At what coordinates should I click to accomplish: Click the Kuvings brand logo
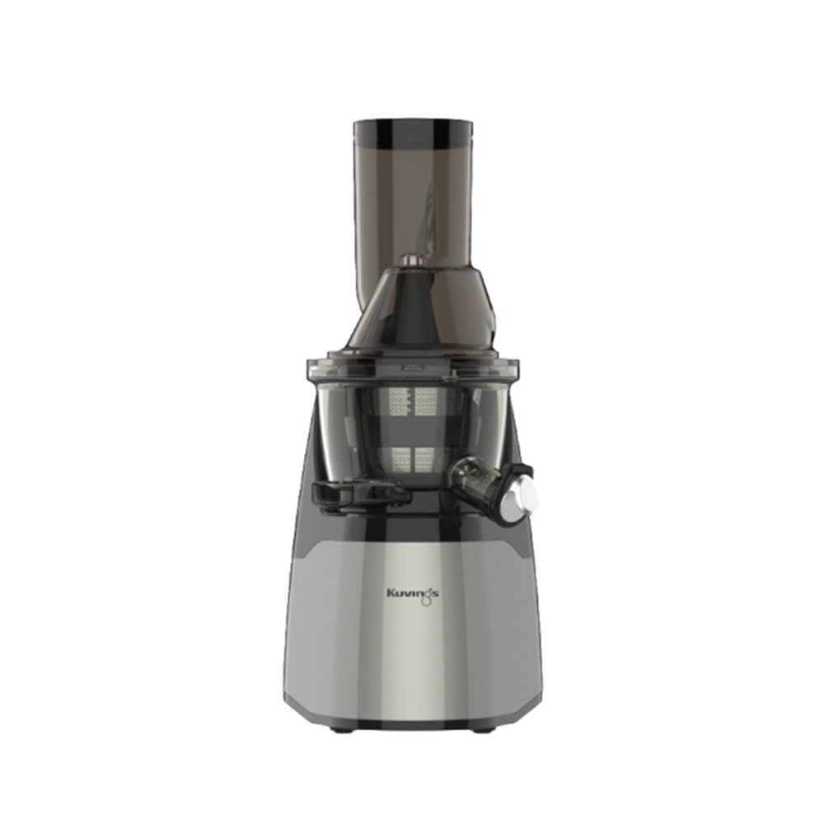coord(413,595)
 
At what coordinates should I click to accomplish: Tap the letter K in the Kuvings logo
coord(391,593)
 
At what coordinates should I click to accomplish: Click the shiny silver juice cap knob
coord(523,494)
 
